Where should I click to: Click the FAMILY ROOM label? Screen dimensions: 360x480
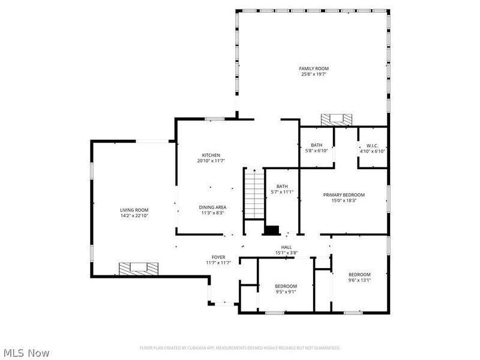tap(314, 68)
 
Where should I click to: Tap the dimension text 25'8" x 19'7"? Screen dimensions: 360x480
tap(314, 74)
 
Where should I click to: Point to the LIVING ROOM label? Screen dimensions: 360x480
tap(134, 210)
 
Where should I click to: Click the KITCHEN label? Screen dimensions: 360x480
tap(211, 155)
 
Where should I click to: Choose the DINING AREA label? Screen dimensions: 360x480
tap(212, 207)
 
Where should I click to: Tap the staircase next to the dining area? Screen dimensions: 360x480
tap(254, 194)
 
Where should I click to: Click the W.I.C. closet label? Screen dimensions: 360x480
tap(371, 145)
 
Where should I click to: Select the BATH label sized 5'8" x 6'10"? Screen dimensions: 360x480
tap(317, 145)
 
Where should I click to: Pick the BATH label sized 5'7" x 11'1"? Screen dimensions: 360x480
tap(282, 186)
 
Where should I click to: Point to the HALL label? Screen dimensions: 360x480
tap(286, 247)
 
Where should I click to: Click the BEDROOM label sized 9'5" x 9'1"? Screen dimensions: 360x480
tap(286, 286)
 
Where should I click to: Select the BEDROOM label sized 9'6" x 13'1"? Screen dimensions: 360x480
tap(360, 274)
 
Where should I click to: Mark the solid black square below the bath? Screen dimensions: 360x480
tap(272, 230)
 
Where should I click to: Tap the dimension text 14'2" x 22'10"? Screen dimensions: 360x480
tap(134, 216)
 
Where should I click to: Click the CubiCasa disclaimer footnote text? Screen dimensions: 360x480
tap(240, 348)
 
